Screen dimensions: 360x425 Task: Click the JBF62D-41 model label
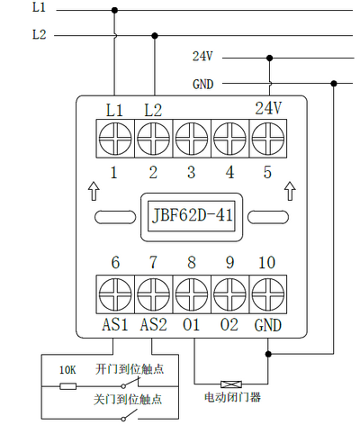pos(193,215)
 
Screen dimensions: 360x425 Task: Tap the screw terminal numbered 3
pos(192,139)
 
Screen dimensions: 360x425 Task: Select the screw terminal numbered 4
pos(230,139)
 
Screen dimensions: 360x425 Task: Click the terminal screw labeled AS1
pos(115,294)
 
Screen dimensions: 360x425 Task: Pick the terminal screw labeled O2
pos(230,294)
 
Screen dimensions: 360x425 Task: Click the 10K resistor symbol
pos(67,386)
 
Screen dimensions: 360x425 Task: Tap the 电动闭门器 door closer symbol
pos(231,384)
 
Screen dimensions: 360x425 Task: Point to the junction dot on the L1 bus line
pos(114,10)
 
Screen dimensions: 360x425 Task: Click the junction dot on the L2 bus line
pos(155,36)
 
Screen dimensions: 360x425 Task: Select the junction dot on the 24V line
pos(269,58)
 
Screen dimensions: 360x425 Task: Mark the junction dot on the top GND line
pos(334,84)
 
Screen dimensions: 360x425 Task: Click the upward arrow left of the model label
pos(94,191)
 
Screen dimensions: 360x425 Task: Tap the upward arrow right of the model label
pos(290,191)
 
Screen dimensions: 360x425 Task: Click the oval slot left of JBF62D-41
pos(115,217)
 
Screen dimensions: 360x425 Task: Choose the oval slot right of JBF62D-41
pos(268,217)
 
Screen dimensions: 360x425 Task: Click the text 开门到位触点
pos(130,369)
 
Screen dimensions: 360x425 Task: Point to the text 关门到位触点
pos(128,400)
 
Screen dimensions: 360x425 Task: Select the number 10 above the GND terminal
pos(266,263)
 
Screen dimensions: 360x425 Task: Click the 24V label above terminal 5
pos(268,108)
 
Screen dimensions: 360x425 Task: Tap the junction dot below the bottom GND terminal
pos(268,354)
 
